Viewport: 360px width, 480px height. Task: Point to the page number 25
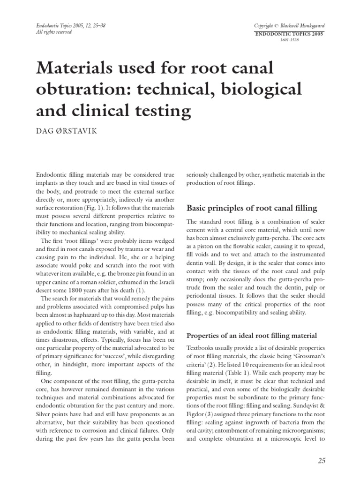coord(321,461)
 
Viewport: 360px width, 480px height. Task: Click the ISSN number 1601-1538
coord(289,40)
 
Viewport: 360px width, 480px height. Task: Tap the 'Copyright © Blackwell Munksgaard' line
coord(289,25)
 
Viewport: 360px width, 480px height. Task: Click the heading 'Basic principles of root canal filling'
coord(252,208)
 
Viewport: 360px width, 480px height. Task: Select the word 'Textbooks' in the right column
coord(202,348)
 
